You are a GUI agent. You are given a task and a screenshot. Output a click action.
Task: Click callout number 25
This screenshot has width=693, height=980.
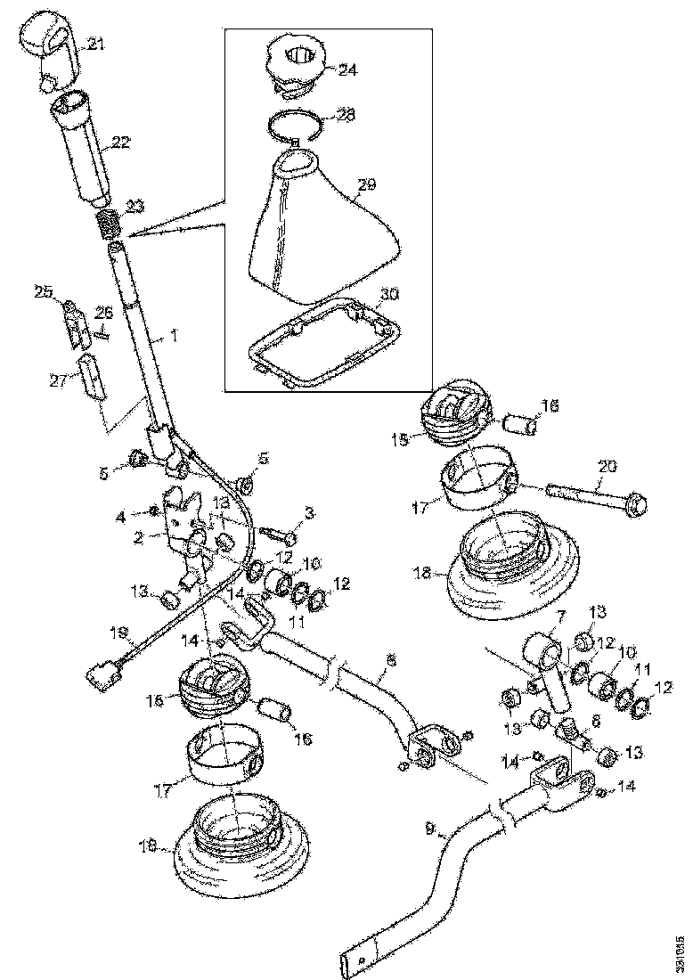(x=44, y=290)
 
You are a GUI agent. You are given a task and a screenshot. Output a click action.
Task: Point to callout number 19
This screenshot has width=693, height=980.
(x=119, y=634)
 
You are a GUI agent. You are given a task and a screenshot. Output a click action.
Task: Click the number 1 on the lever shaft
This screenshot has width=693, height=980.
(x=174, y=336)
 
